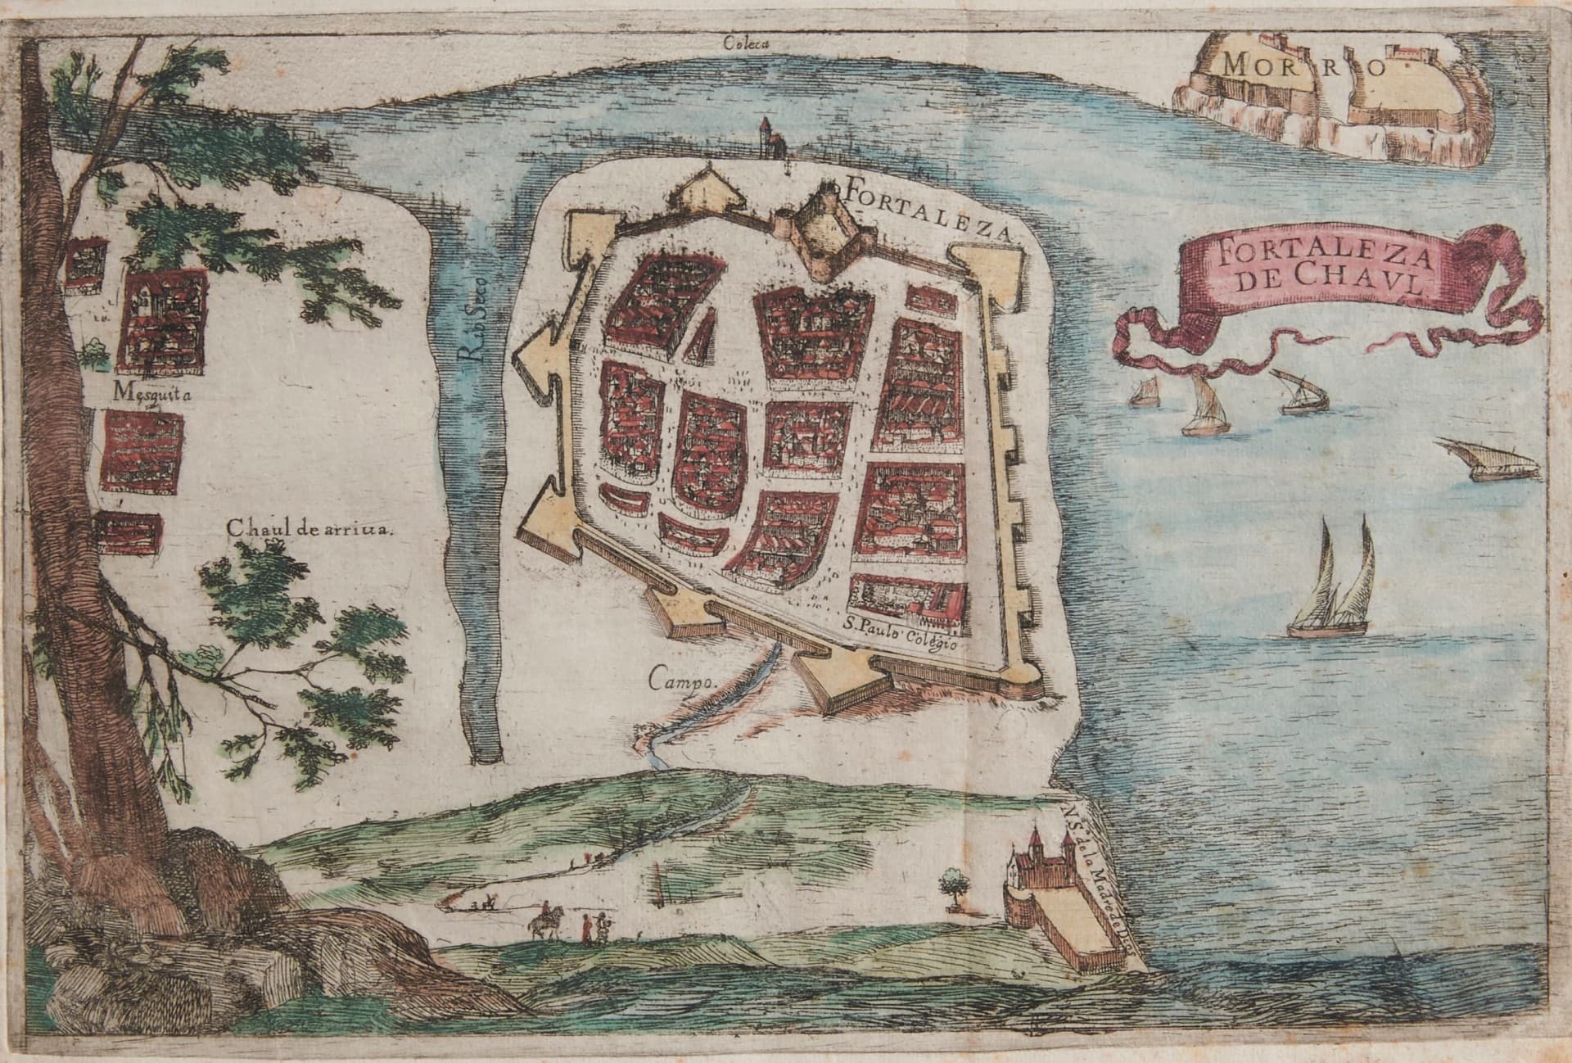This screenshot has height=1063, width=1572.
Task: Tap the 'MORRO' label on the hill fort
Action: click(1302, 66)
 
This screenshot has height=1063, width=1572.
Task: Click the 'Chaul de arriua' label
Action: click(310, 528)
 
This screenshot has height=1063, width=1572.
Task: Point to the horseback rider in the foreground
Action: click(541, 921)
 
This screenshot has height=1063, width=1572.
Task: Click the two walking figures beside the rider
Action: click(594, 928)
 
